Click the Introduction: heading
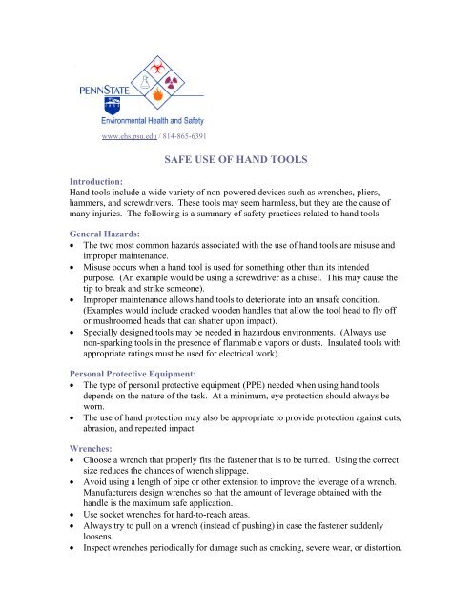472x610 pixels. (99, 180)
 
